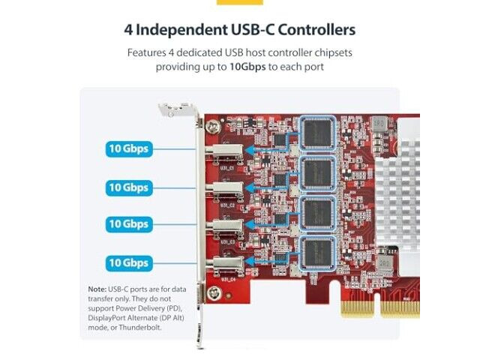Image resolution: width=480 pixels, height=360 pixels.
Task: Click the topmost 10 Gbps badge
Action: [129, 148]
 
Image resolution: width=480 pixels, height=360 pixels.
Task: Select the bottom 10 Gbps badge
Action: [129, 263]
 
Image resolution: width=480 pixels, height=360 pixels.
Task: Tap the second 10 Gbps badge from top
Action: [129, 187]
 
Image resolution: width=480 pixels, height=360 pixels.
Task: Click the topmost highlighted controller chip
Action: [317, 133]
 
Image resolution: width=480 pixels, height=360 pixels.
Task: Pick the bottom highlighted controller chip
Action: [317, 253]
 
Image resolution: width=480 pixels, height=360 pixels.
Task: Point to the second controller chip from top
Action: [317, 173]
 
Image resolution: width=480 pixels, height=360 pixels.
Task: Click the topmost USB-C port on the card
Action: [224, 151]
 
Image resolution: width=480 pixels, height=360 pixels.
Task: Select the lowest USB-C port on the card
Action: [225, 265]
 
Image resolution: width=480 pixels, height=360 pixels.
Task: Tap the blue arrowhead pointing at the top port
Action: [250, 150]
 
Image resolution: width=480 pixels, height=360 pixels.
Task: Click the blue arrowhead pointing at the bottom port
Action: [250, 262]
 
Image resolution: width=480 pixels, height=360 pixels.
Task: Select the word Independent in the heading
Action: [181, 30]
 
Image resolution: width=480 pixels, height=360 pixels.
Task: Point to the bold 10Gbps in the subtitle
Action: [247, 67]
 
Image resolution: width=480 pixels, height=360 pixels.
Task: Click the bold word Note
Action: [97, 289]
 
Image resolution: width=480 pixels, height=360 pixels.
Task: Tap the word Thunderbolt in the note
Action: [140, 327]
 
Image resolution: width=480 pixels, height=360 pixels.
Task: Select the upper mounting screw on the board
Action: [211, 126]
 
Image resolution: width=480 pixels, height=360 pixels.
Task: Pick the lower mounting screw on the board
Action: [214, 293]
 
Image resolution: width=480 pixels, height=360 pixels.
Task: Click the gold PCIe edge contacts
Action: [379, 309]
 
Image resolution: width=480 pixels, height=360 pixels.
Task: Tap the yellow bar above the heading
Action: [240, 2]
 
